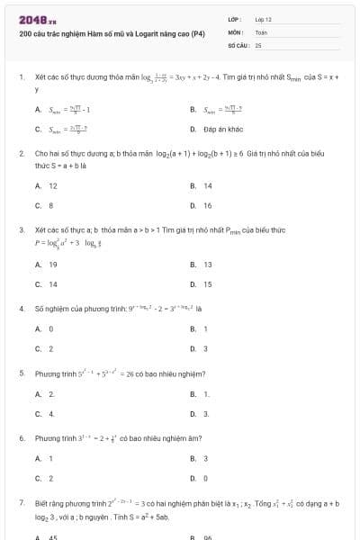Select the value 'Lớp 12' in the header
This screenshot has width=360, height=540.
click(264, 18)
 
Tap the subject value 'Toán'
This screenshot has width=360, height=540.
click(261, 31)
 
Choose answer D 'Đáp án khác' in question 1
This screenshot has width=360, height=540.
click(220, 129)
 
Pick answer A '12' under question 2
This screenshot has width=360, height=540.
click(52, 185)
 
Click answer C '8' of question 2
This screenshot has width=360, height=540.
click(50, 205)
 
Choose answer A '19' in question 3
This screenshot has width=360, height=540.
click(52, 265)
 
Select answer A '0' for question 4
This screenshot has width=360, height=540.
click(50, 328)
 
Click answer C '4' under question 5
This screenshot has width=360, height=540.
click(50, 413)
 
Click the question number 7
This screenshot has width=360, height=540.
click(21, 501)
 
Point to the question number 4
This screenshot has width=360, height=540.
click(21, 308)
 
